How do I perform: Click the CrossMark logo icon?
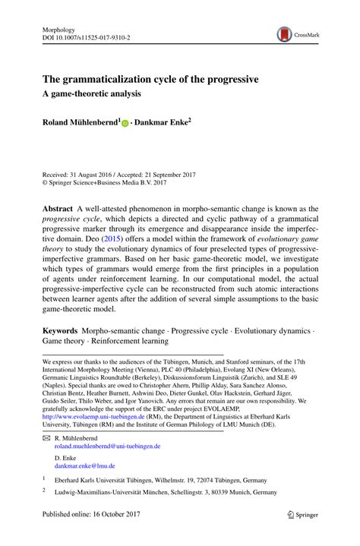[x=285, y=34]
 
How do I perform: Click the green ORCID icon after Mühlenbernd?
[x=126, y=122]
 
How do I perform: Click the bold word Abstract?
[x=58, y=209]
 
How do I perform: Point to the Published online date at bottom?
[x=87, y=535]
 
